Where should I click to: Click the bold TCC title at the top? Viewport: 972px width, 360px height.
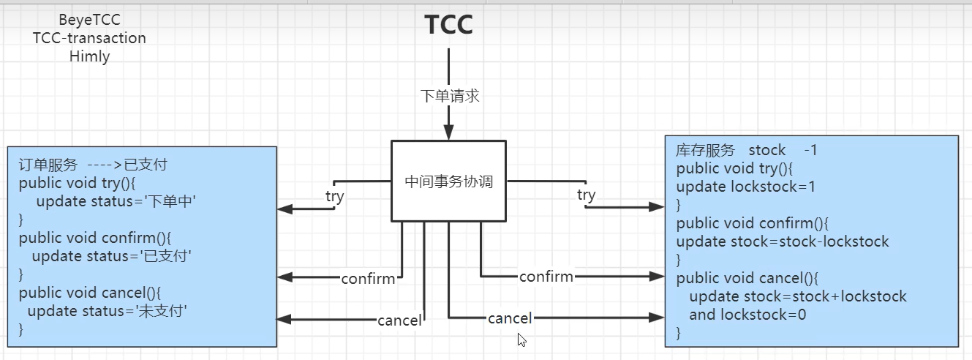click(449, 26)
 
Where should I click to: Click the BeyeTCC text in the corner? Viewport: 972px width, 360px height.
click(89, 20)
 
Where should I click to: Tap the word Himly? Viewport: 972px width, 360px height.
click(89, 56)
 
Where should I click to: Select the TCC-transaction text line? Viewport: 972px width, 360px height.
click(89, 38)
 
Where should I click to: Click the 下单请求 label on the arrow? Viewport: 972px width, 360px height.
click(450, 96)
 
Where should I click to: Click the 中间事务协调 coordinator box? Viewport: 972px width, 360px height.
click(449, 181)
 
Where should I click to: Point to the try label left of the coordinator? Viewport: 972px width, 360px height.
click(334, 196)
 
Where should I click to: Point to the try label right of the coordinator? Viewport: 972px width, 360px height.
click(586, 195)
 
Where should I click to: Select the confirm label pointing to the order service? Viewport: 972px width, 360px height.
click(368, 279)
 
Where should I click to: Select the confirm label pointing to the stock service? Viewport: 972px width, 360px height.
click(546, 277)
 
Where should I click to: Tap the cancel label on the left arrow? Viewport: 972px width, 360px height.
click(399, 320)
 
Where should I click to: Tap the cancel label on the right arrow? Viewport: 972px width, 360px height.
click(510, 318)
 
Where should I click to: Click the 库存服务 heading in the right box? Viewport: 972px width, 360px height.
click(705, 150)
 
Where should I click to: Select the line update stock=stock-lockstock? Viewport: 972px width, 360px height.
click(783, 241)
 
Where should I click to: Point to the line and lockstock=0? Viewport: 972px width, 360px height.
click(747, 315)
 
